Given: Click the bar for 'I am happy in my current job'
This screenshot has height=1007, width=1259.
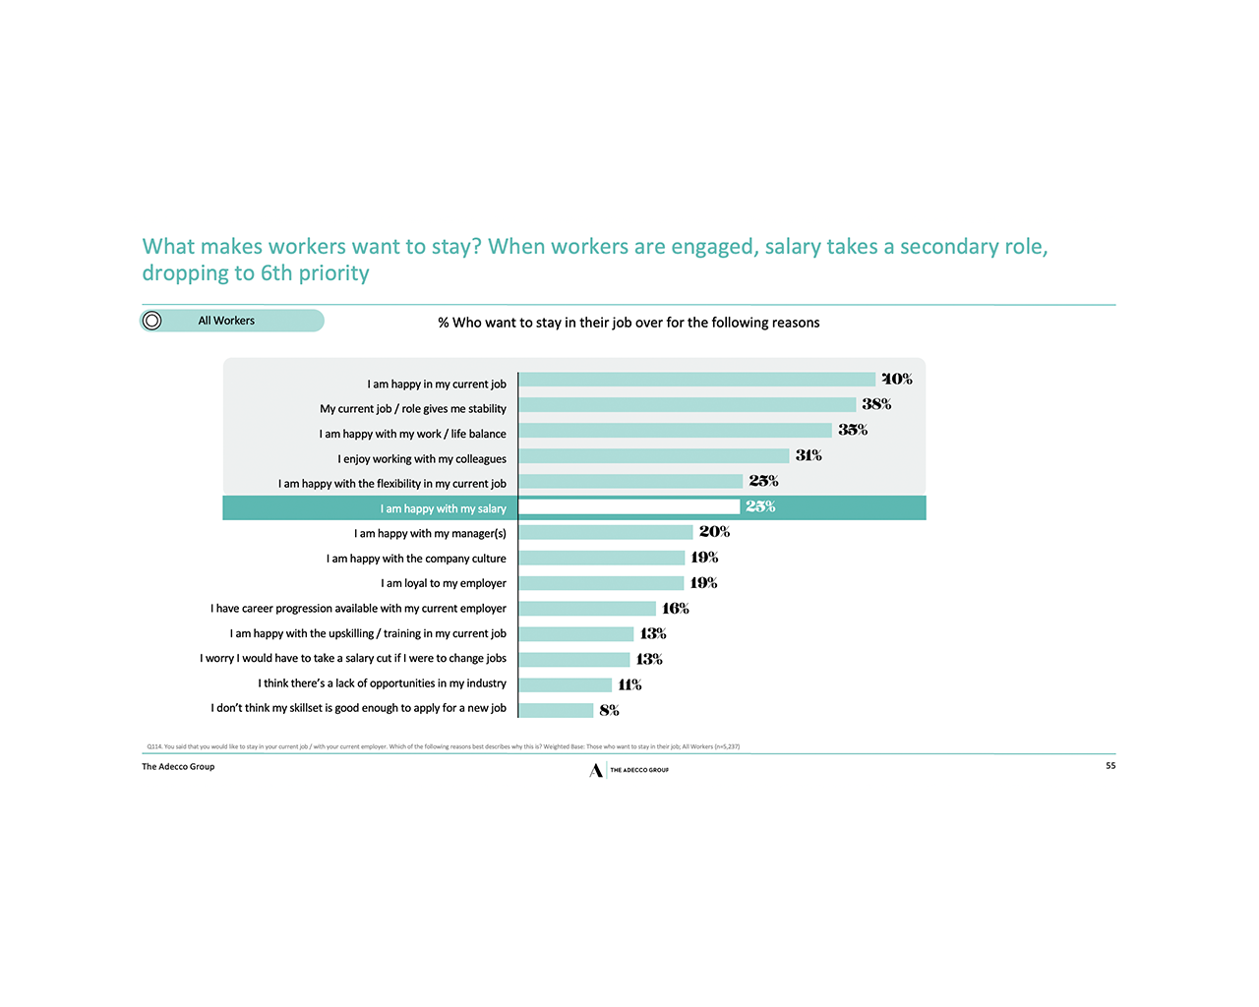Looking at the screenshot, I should pyautogui.click(x=696, y=380).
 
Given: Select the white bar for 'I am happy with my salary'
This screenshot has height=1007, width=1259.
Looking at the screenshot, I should pyautogui.click(x=629, y=506).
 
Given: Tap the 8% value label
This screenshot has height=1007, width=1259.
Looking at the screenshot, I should pyautogui.click(x=609, y=710).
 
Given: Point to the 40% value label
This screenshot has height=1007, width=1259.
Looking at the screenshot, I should pyautogui.click(x=897, y=379).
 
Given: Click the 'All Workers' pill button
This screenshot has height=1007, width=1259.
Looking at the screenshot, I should pyautogui.click(x=232, y=321).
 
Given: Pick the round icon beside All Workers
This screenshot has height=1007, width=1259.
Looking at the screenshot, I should pyautogui.click(x=152, y=321).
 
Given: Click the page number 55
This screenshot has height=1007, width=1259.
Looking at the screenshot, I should pyautogui.click(x=1110, y=765).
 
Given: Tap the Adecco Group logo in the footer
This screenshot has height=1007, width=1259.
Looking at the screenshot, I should pyautogui.click(x=629, y=770).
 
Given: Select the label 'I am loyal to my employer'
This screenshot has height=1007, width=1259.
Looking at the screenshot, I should pyautogui.click(x=444, y=583).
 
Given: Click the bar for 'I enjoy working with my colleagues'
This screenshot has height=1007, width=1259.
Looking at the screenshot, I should pyautogui.click(x=654, y=456).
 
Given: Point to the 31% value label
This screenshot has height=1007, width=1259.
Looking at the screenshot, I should pyautogui.click(x=809, y=455).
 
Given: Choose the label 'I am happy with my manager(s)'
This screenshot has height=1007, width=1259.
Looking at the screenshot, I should pyautogui.click(x=430, y=533).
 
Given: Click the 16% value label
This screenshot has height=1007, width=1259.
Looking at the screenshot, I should pyautogui.click(x=676, y=609).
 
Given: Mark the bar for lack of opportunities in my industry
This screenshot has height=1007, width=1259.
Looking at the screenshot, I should pyautogui.click(x=566, y=684).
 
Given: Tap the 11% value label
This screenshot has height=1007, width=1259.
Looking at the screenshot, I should pyautogui.click(x=629, y=684).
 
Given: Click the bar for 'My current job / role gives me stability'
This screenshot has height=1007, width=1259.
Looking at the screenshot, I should pyautogui.click(x=688, y=405).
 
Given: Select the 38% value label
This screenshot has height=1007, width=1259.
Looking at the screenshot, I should pyautogui.click(x=876, y=404).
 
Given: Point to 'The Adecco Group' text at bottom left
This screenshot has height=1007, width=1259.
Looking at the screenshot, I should pyautogui.click(x=178, y=767).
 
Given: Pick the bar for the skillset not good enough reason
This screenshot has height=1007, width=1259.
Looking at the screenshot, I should pyautogui.click(x=556, y=710).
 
